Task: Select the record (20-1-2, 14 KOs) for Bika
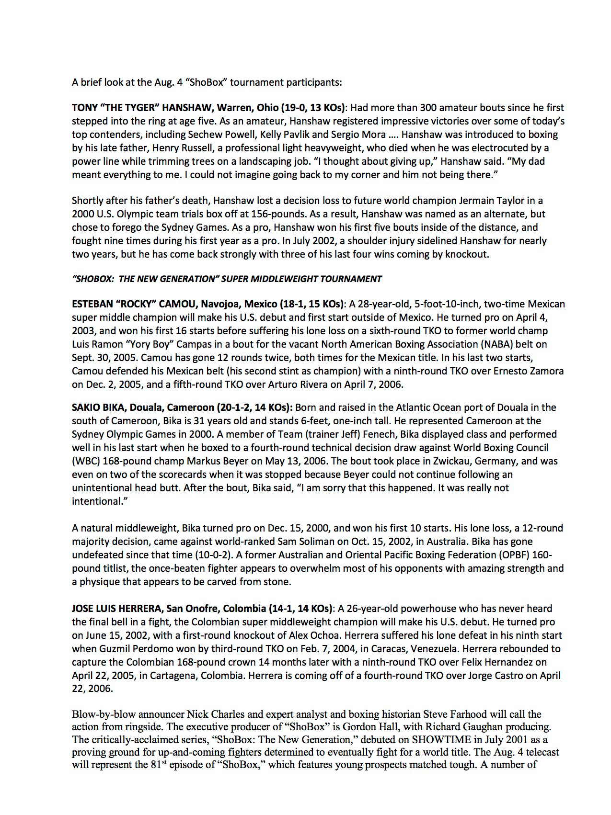(254, 407)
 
